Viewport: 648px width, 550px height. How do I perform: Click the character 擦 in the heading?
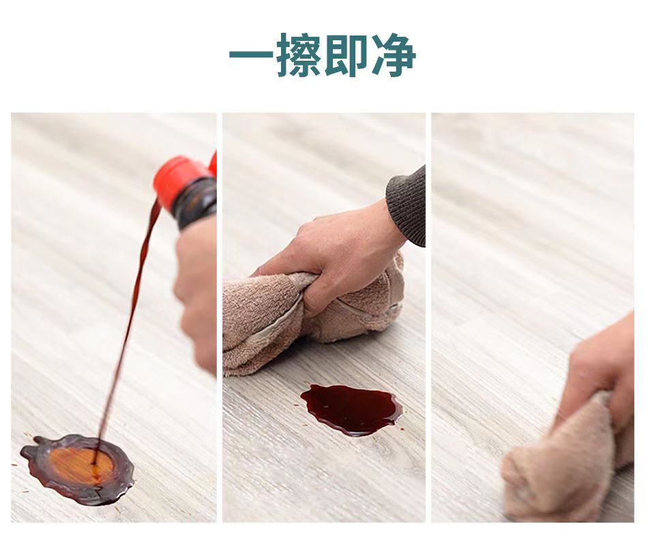pos(299,55)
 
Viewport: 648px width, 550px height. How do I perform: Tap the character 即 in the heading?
pos(347,55)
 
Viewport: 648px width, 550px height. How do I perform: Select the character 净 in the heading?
pos(394,55)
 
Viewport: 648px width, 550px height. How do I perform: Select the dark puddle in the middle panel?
pos(351,408)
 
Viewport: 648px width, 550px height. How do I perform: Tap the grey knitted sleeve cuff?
pos(408,205)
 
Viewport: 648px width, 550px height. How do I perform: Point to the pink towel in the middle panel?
pos(259,321)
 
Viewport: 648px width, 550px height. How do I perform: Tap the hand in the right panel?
pos(604,368)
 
